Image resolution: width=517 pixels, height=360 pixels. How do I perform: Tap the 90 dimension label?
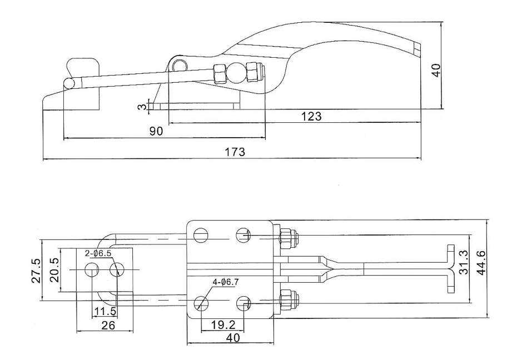tap(156, 131)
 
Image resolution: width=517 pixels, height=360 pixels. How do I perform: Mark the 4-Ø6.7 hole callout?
tap(226, 282)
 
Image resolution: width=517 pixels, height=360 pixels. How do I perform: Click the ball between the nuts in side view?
tap(237, 72)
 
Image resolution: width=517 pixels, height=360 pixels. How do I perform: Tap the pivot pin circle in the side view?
tap(178, 66)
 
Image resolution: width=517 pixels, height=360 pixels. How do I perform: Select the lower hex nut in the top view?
tap(287, 301)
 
